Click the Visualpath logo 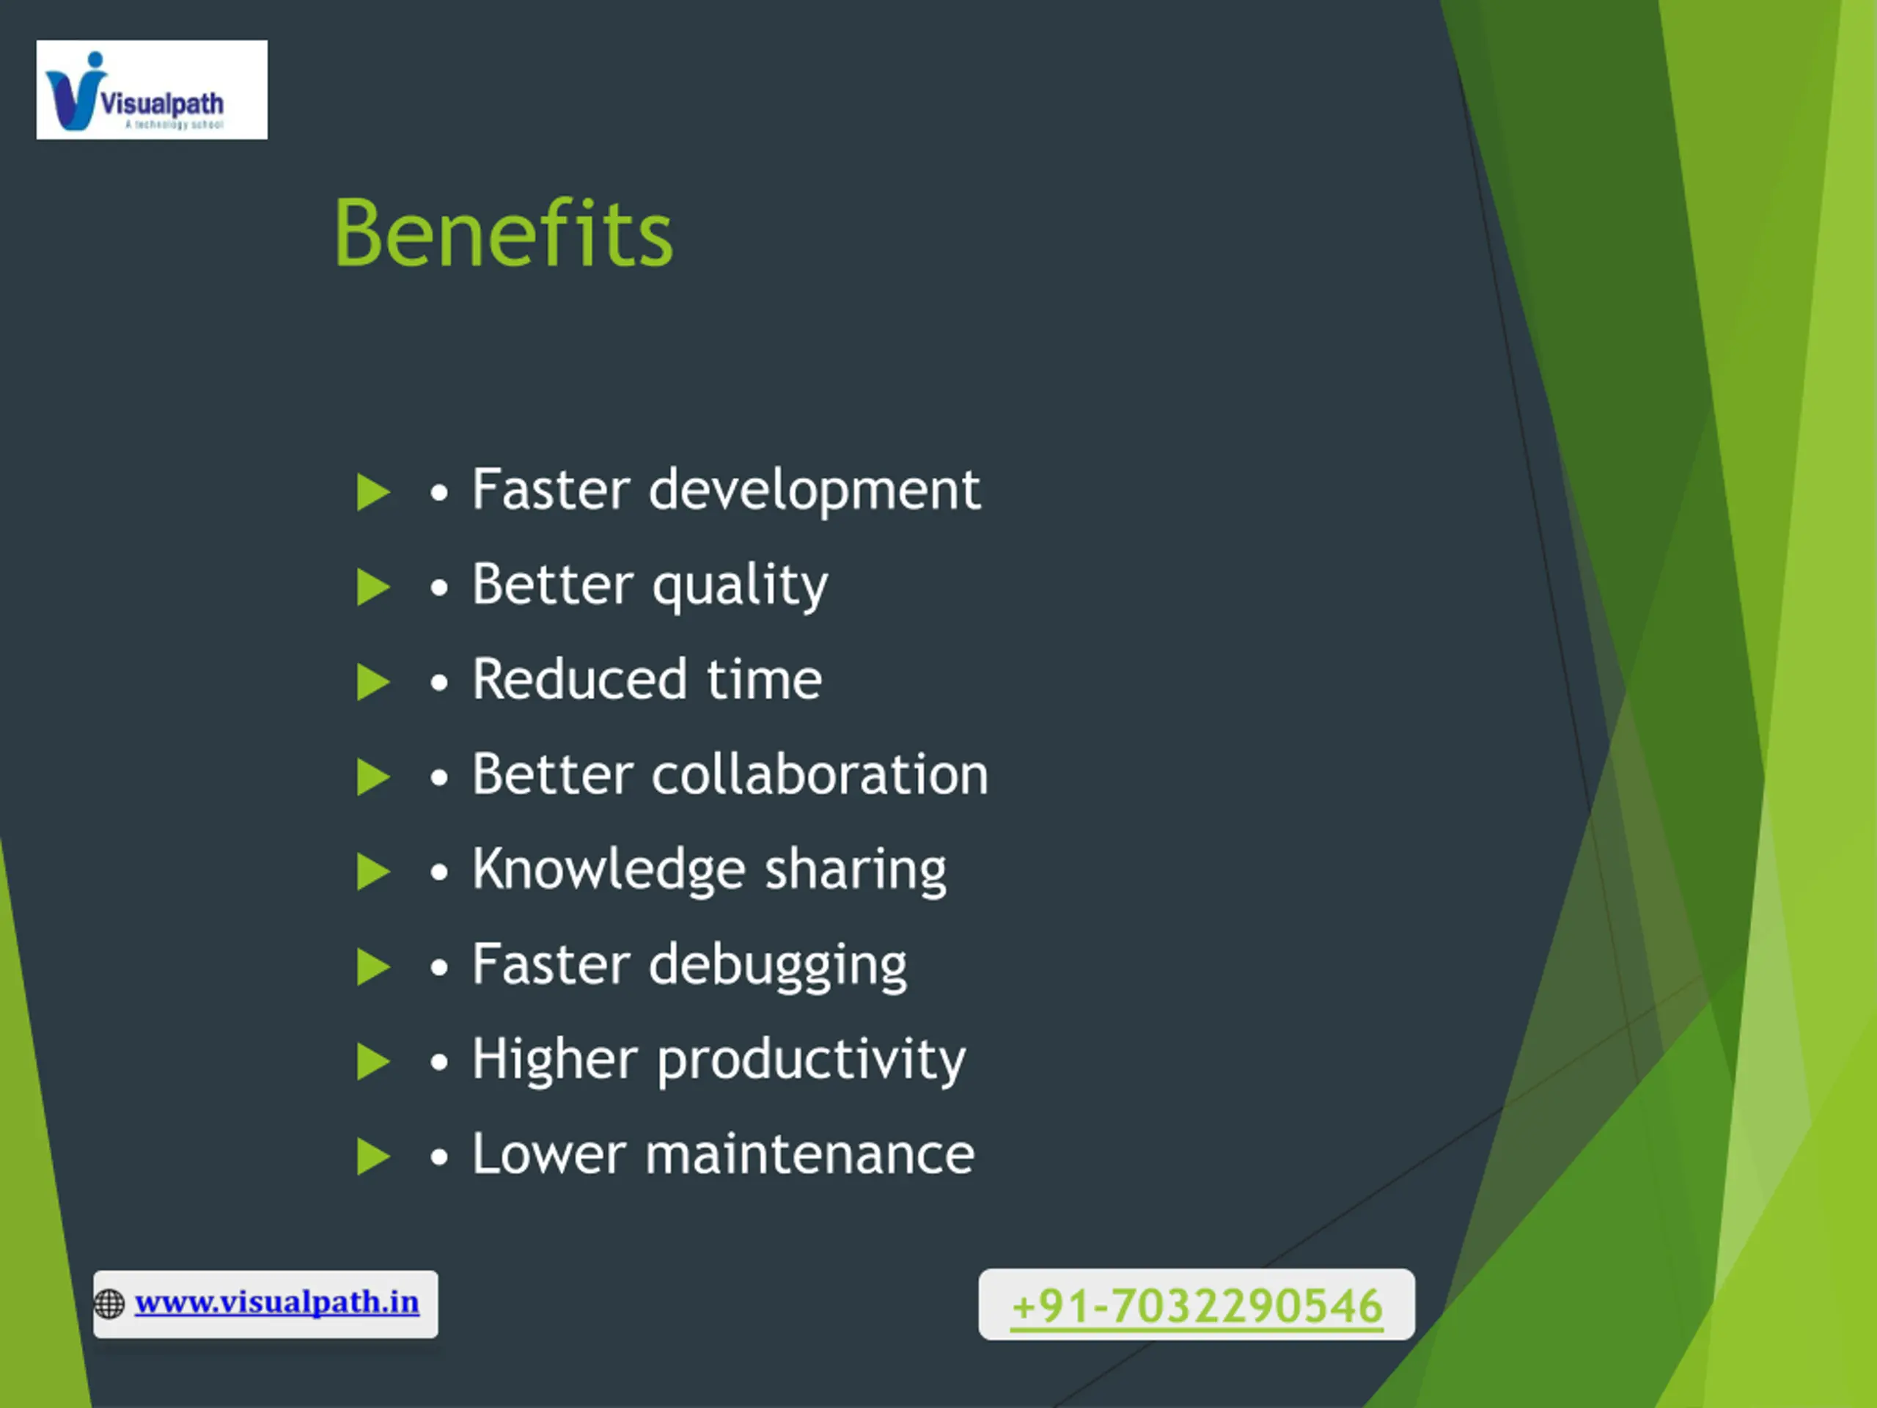point(152,90)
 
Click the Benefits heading point(504,233)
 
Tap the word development point(815,491)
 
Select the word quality point(740,587)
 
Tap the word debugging point(778,966)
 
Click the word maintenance point(810,1155)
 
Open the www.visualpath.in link point(276,1302)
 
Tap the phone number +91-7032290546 point(1197,1305)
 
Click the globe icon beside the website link point(109,1304)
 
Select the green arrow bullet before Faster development point(373,492)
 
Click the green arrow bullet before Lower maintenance point(373,1156)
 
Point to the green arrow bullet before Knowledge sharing point(373,872)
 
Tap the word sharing point(856,870)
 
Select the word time point(764,679)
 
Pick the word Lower point(549,1154)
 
